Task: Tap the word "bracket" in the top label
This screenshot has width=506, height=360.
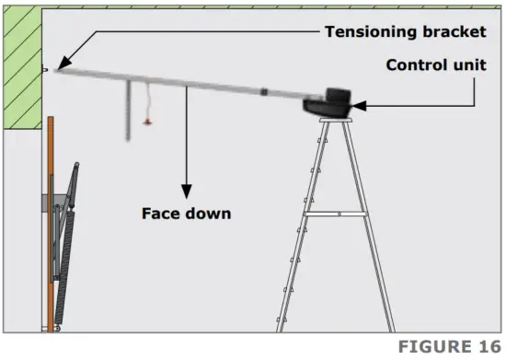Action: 453,31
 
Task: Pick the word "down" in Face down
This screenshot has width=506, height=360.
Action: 209,213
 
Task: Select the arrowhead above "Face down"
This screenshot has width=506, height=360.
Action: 188,188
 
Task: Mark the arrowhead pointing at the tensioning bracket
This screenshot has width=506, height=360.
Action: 61,66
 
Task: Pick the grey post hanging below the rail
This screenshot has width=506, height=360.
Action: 126,110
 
